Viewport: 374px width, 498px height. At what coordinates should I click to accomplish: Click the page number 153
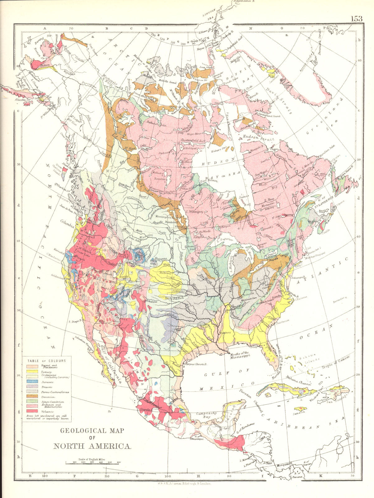tap(357, 18)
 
